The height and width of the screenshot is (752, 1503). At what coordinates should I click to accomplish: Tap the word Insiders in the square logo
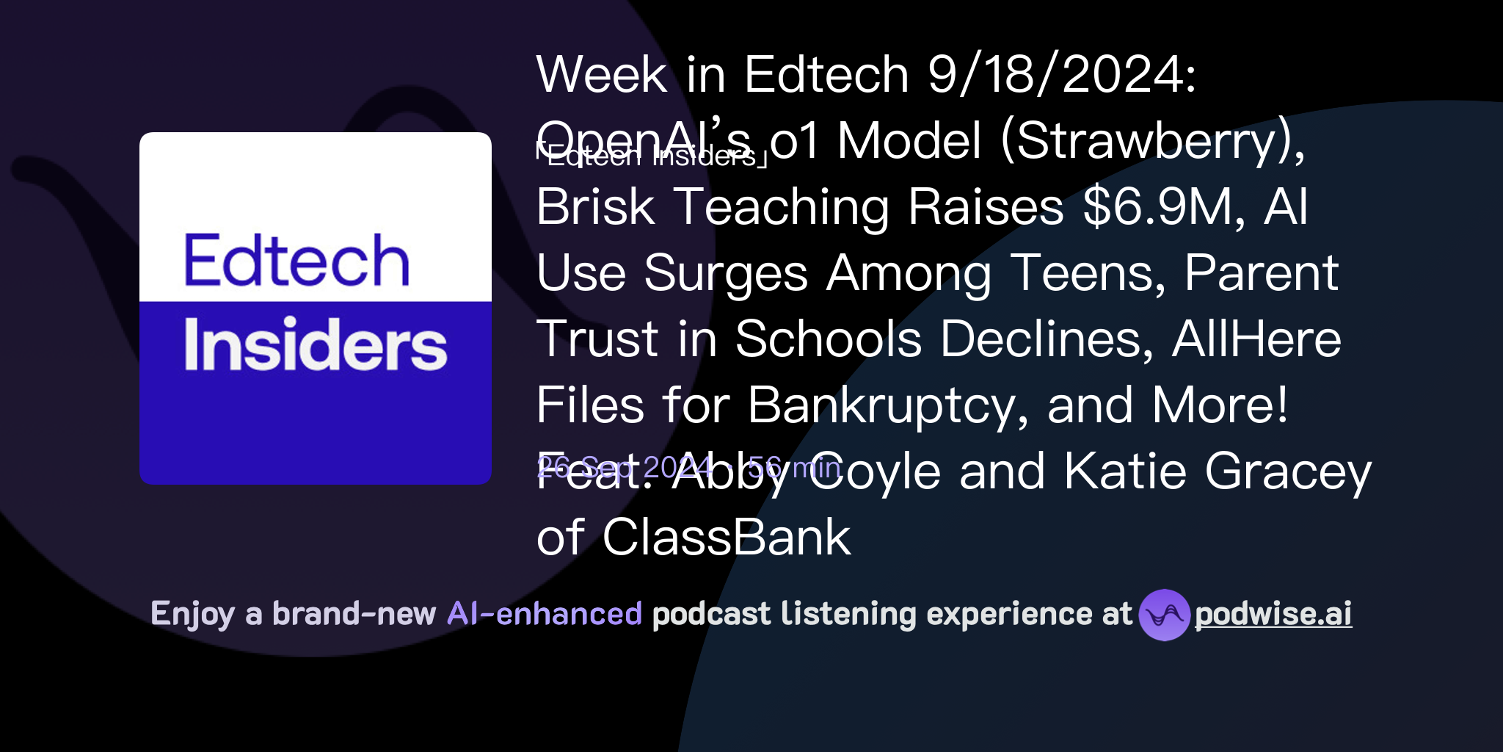tap(315, 344)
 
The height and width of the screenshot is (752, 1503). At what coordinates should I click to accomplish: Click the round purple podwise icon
tap(1164, 615)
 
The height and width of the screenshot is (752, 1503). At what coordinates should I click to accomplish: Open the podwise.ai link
tap(1273, 615)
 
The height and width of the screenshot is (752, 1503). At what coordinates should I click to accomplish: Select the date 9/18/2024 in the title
tap(1061, 75)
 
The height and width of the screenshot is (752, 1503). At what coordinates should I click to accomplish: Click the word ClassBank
tap(727, 538)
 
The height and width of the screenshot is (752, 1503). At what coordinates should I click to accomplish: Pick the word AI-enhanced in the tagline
tap(545, 614)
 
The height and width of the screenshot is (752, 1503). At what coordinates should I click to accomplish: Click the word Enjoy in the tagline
tap(193, 614)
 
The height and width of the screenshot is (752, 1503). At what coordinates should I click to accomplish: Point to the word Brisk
tap(595, 207)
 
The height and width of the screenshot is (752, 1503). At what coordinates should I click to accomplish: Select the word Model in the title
tap(909, 141)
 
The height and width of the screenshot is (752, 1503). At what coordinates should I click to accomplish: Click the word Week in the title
tap(602, 75)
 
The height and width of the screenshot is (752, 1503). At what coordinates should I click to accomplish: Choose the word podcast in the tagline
tap(711, 614)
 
